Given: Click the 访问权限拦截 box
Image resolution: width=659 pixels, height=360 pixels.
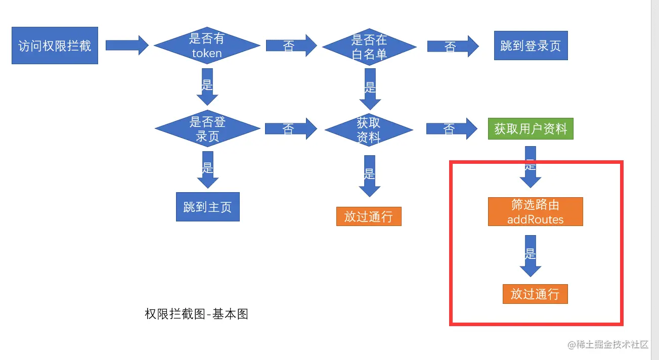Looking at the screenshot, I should pyautogui.click(x=55, y=46).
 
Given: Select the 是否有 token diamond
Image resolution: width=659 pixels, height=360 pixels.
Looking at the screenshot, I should pyautogui.click(x=207, y=46).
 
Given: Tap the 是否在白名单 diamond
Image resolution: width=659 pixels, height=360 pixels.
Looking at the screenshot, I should pyautogui.click(x=369, y=47).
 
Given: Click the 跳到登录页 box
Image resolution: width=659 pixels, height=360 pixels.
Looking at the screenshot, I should pyautogui.click(x=531, y=46).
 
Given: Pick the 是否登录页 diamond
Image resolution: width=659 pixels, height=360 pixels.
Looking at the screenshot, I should pyautogui.click(x=207, y=129).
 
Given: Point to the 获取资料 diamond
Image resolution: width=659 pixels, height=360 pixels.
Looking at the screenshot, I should pyautogui.click(x=368, y=130).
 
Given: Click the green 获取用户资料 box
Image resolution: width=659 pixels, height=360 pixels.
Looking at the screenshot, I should pyautogui.click(x=531, y=129).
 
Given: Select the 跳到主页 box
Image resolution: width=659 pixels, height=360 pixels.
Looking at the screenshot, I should pyautogui.click(x=207, y=207).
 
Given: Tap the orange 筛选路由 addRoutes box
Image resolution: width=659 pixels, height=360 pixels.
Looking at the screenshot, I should pyautogui.click(x=535, y=211).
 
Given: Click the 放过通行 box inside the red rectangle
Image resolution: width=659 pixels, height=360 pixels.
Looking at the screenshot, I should pyautogui.click(x=535, y=294).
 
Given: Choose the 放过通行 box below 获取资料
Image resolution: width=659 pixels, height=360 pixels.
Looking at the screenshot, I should pyautogui.click(x=369, y=216).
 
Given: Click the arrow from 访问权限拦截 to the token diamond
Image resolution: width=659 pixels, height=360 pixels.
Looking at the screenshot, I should pyautogui.click(x=126, y=46).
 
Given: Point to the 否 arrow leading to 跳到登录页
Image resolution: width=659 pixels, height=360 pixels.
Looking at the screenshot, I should pyautogui.click(x=452, y=47).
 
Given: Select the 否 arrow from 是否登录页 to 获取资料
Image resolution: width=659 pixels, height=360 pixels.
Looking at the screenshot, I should pyautogui.click(x=290, y=129).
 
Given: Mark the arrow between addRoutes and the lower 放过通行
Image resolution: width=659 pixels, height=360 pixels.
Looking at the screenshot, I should pyautogui.click(x=530, y=256).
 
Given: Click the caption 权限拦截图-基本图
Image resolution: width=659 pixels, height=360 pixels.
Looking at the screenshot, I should pyautogui.click(x=196, y=314).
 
